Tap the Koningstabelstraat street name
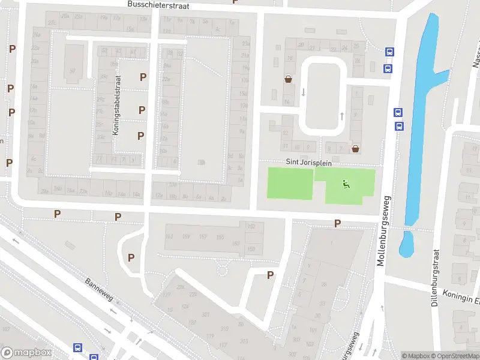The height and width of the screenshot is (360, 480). click(x=118, y=105)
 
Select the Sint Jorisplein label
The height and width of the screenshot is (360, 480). click(x=308, y=163)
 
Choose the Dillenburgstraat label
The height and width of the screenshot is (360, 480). click(x=435, y=278)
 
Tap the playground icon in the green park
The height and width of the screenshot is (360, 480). click(x=344, y=184)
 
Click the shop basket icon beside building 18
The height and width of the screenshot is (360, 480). click(x=288, y=79)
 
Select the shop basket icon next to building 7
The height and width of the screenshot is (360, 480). click(x=356, y=149)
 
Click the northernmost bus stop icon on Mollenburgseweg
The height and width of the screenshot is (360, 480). click(x=389, y=52)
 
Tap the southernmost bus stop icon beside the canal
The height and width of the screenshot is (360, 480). click(x=399, y=125)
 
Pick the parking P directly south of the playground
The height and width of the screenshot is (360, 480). click(x=337, y=223)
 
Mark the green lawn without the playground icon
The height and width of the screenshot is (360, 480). click(x=290, y=184)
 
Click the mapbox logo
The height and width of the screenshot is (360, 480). click(x=26, y=353)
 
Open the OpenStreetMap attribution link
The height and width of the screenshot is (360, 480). click(x=455, y=356)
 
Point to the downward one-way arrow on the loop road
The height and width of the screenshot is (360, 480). click(x=304, y=92)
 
